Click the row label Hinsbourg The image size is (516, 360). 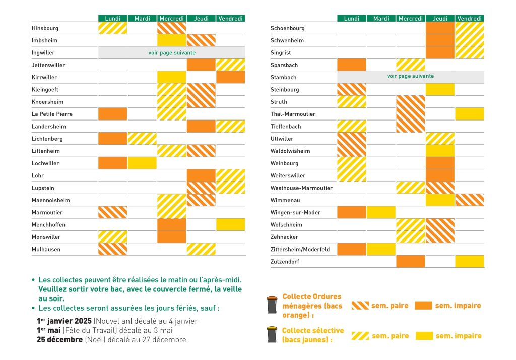click(x=45, y=28)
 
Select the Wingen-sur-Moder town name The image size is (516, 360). click(x=295, y=212)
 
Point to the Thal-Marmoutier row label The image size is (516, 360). click(x=293, y=114)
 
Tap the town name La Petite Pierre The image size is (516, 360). click(x=52, y=114)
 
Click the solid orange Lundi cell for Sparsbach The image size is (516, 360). click(x=351, y=65)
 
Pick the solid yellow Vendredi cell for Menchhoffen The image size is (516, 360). click(x=231, y=225)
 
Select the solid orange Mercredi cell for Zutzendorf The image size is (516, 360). click(x=410, y=261)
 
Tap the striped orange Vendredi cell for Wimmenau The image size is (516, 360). click(x=470, y=200)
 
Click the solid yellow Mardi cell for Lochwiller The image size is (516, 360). click(x=142, y=163)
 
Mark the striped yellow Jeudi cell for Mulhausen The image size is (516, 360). click(x=201, y=249)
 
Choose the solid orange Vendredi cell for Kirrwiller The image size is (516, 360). click(x=231, y=77)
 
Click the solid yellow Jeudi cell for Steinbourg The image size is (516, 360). click(x=440, y=89)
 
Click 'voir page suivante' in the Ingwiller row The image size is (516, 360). click(x=172, y=53)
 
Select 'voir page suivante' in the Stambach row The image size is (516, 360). click(x=410, y=76)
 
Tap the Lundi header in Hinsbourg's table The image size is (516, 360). click(x=112, y=19)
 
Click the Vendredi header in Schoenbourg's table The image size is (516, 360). click(x=470, y=19)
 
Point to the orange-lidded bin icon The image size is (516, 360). click(x=272, y=305)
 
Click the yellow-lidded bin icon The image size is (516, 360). click(x=272, y=335)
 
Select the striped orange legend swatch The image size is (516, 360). click(x=360, y=306)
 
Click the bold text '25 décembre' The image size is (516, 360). click(x=59, y=339)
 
